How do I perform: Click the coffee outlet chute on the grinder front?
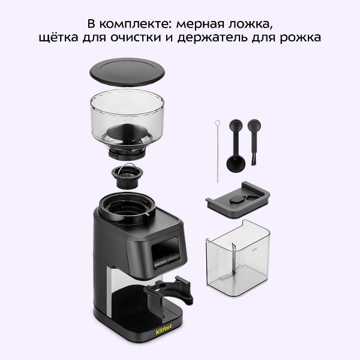point(165,252)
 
